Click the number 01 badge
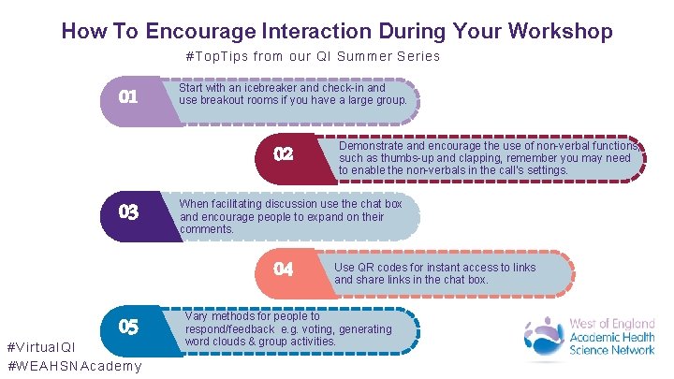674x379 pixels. pos(128,96)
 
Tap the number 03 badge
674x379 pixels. pos(128,212)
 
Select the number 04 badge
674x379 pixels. pos(284,270)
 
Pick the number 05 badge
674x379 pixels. pos(128,328)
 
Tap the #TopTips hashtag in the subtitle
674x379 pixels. pos(218,56)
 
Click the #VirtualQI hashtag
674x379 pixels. pos(41,349)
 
